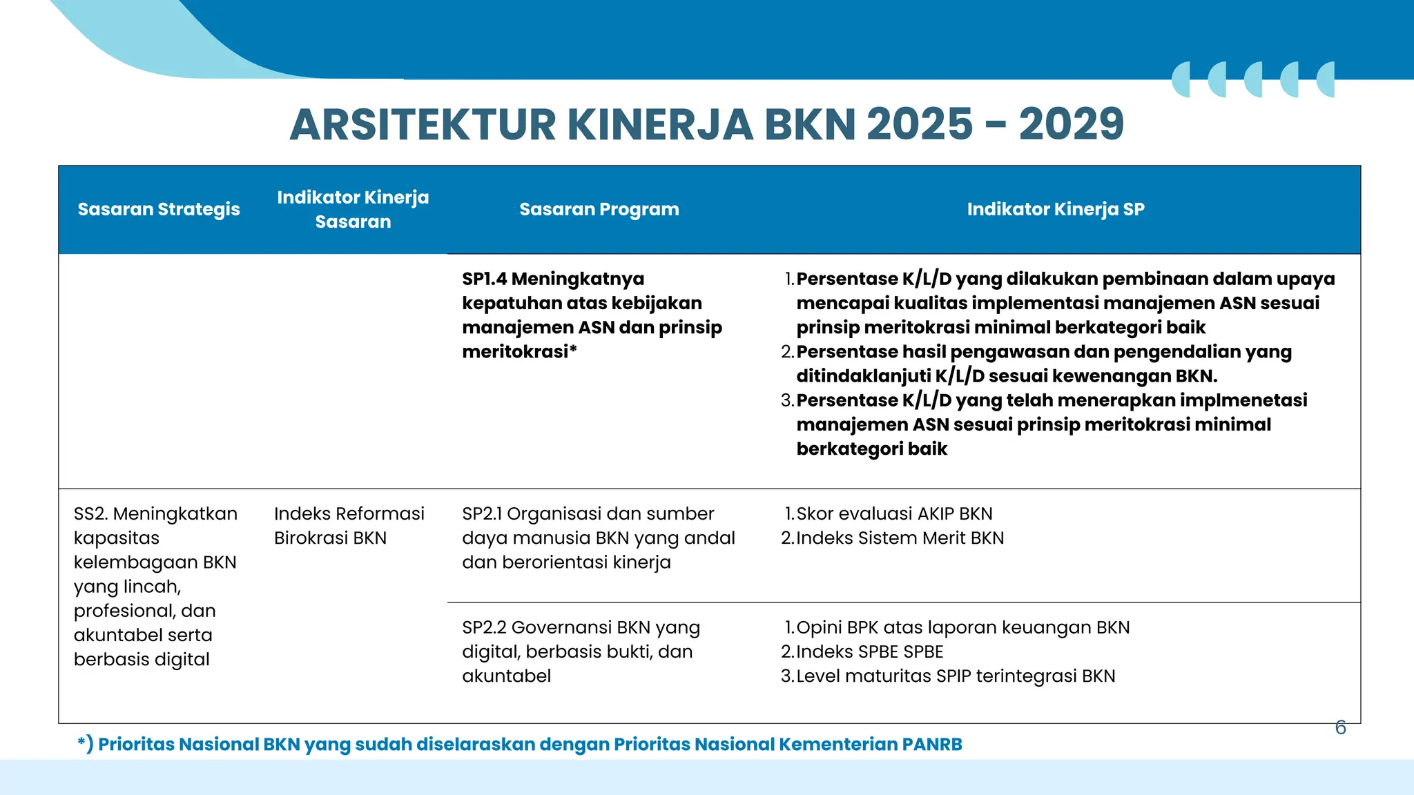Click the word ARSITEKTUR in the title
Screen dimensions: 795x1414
tap(423, 125)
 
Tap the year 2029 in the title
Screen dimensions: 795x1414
tap(1071, 125)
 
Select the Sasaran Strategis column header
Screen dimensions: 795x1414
tap(159, 209)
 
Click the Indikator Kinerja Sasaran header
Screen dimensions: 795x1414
tap(353, 209)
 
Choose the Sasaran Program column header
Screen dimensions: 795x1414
tap(599, 209)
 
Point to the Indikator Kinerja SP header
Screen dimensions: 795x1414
tap(1056, 209)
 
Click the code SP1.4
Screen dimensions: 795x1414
tap(484, 279)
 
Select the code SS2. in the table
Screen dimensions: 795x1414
tap(90, 514)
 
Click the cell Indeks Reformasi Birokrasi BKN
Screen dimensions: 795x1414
tap(349, 526)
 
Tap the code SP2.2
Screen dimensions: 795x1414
tap(484, 628)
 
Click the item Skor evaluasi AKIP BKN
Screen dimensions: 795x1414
tap(894, 514)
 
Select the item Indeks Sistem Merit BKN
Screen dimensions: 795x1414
tap(900, 538)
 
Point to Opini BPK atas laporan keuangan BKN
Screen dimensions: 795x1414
tap(962, 628)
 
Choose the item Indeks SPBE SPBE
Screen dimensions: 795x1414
tap(869, 652)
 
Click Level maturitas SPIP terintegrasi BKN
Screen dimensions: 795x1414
tap(956, 676)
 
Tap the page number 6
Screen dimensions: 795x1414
tap(1340, 727)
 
